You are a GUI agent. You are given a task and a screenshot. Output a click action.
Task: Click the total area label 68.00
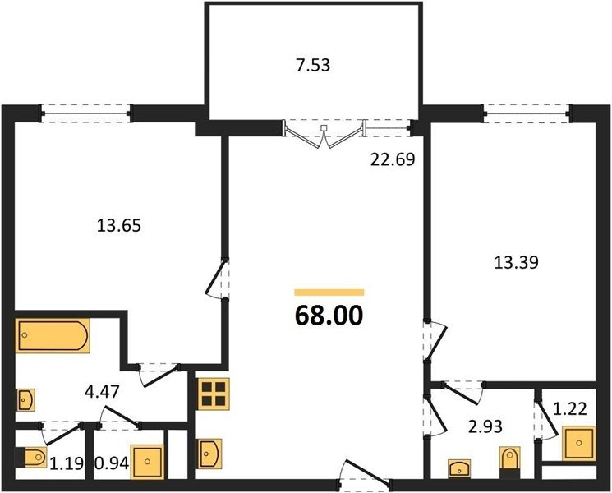(x=329, y=316)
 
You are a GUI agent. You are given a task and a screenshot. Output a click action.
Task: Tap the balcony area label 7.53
(x=313, y=65)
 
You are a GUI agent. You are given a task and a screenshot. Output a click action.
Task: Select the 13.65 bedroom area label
(x=118, y=226)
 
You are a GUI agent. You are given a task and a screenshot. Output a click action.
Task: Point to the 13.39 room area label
(x=517, y=262)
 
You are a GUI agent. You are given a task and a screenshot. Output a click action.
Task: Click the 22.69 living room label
(x=393, y=159)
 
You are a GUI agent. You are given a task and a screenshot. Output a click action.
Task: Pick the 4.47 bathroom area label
(x=102, y=391)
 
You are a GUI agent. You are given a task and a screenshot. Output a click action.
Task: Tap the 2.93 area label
(x=485, y=426)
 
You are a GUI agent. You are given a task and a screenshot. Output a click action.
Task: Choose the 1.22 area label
(x=570, y=409)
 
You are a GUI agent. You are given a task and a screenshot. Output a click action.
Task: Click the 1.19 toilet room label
(x=67, y=463)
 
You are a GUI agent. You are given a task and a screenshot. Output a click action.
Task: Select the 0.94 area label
(x=112, y=463)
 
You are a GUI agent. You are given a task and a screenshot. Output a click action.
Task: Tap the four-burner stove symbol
(x=214, y=394)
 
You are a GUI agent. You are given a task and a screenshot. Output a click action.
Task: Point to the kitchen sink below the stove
(x=210, y=454)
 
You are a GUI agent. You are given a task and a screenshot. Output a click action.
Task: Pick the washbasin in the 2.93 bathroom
(x=459, y=468)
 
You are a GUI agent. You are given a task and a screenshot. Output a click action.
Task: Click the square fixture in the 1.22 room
(x=579, y=443)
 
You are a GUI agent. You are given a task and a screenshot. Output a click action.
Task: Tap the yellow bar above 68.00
(x=329, y=293)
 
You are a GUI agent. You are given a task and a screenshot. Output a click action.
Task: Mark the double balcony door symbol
(x=324, y=133)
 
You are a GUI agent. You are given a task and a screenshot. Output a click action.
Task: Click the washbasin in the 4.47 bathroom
(x=25, y=399)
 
